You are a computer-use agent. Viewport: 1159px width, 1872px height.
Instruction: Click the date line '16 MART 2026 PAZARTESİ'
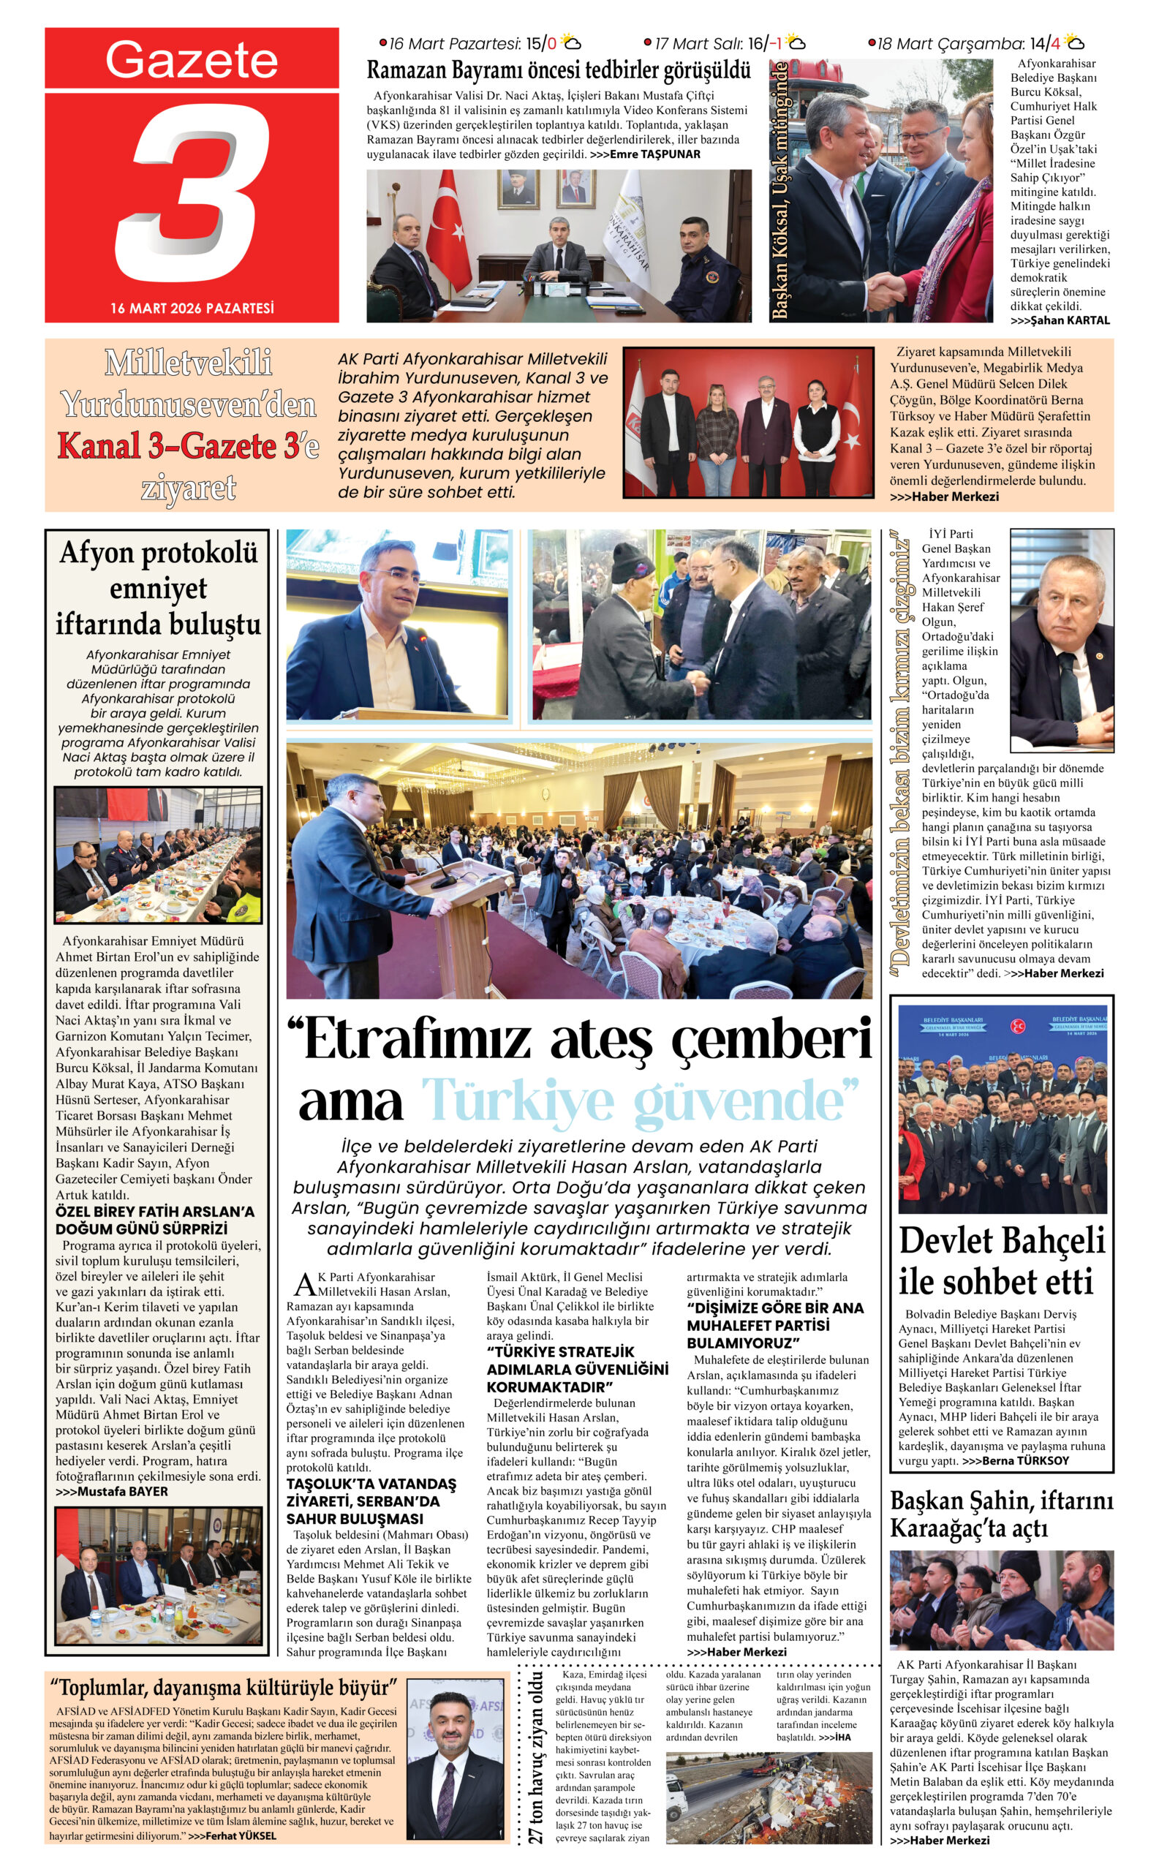(192, 308)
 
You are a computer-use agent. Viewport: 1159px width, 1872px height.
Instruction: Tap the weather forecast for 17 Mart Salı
(725, 43)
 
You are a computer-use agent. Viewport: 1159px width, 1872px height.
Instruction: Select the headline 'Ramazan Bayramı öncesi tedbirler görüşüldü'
(558, 71)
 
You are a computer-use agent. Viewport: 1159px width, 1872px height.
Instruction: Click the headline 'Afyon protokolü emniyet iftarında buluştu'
(158, 588)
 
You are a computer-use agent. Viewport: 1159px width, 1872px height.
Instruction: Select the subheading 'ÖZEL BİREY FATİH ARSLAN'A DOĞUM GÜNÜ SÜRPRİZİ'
(154, 1220)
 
